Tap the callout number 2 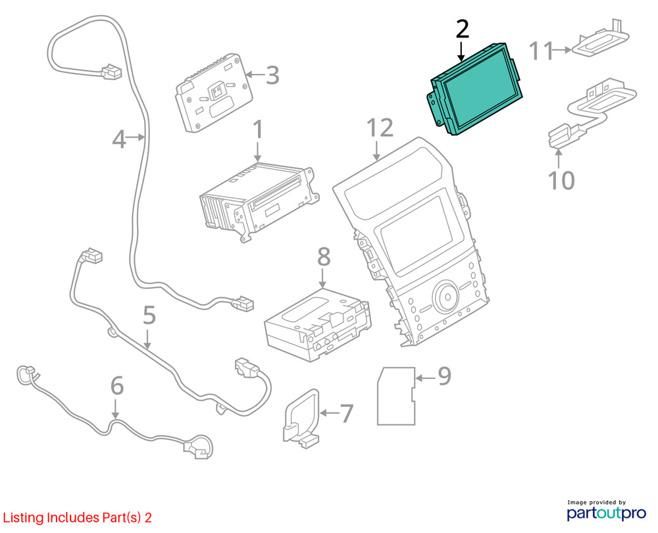pyautogui.click(x=462, y=30)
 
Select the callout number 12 pyautogui.click(x=380, y=128)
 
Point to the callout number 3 pyautogui.click(x=273, y=76)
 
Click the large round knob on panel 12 pyautogui.click(x=445, y=296)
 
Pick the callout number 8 pyautogui.click(x=324, y=257)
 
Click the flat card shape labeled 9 pyautogui.click(x=396, y=395)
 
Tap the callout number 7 pyautogui.click(x=347, y=413)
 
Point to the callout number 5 pyautogui.click(x=149, y=315)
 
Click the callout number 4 pyautogui.click(x=119, y=139)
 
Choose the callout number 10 pyautogui.click(x=561, y=180)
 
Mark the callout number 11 pyautogui.click(x=542, y=51)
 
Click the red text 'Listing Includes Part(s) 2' pyautogui.click(x=77, y=517)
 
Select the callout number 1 pyautogui.click(x=258, y=130)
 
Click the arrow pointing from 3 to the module pyautogui.click(x=255, y=75)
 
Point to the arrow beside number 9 pyautogui.click(x=425, y=378)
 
